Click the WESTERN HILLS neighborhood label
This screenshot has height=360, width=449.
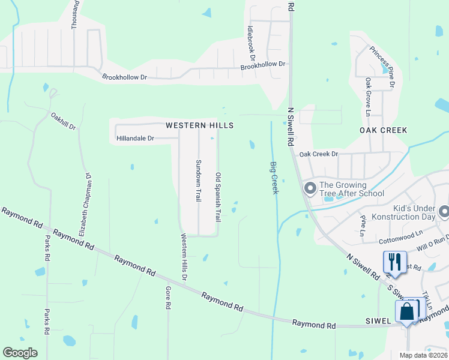coord(199,125)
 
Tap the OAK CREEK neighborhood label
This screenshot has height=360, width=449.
coord(383,130)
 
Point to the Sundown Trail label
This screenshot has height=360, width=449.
coord(198,181)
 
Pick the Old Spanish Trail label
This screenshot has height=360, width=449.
coord(218,196)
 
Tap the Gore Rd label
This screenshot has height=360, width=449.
coord(168,297)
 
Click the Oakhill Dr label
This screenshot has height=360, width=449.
coord(64,122)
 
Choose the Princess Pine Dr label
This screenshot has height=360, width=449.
coord(382,67)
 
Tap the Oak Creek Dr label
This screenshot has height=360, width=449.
coord(318,154)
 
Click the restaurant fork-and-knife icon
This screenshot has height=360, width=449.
coord(394,261)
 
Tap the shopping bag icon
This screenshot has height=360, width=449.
coord(406,311)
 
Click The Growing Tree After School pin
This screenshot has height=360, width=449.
coord(310,189)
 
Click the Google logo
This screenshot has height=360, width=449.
coord(20,353)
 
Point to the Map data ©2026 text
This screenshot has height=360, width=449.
coord(423,355)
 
